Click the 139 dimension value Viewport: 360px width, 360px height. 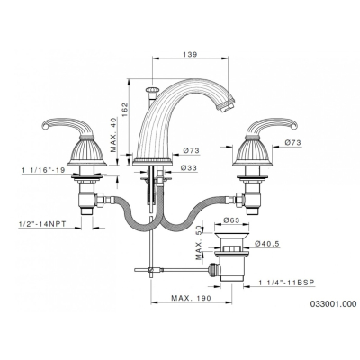coord(190,54)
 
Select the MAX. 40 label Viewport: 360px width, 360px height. coord(113,134)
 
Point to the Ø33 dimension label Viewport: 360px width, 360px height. coord(189,168)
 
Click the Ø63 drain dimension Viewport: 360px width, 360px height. coord(231,220)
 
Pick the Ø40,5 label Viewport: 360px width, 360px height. coord(267,244)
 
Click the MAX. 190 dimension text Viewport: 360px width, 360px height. coord(191,298)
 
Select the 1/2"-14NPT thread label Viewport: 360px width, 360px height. coord(42,224)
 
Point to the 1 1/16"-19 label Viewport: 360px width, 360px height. coord(43,170)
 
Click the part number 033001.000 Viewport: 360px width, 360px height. coord(334,304)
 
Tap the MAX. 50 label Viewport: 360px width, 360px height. coord(199,242)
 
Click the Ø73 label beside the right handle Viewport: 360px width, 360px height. coord(292,143)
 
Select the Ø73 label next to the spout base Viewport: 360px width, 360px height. coord(192,150)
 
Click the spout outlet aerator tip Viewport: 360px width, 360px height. coord(226,106)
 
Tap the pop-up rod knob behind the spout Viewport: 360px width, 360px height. coord(151,90)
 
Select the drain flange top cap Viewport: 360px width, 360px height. coord(232,235)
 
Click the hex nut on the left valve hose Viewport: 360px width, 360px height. coord(100,199)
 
